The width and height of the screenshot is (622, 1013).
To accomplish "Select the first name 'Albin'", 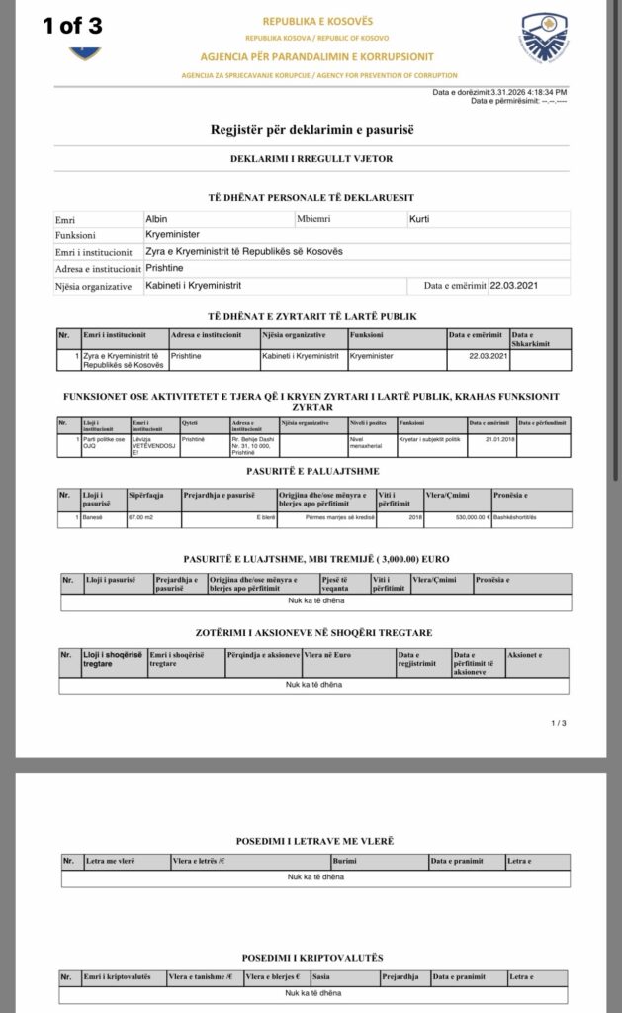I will [x=156, y=218].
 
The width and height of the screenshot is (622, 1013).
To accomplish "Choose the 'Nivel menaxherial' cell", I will [x=366, y=441].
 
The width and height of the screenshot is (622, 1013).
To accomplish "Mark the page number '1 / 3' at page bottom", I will [x=559, y=723].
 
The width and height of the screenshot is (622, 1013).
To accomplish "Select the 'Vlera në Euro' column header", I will [x=354, y=655].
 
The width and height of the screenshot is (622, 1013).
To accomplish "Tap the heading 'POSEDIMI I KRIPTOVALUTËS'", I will [x=311, y=958].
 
